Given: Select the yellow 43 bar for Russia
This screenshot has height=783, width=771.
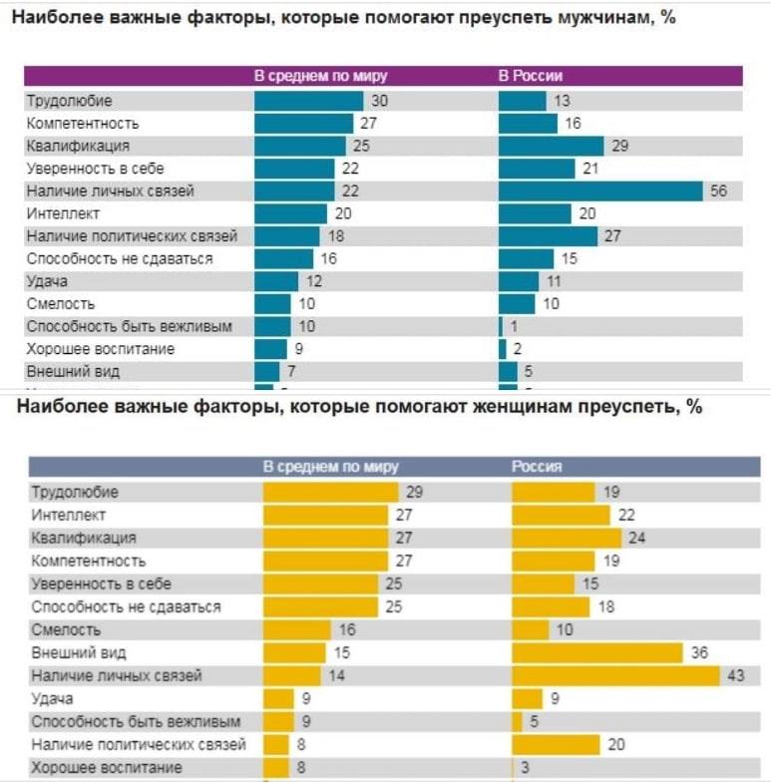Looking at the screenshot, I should [x=614, y=675].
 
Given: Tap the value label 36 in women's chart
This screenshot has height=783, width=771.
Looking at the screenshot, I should [x=699, y=652].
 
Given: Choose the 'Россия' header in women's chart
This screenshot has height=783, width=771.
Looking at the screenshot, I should [x=537, y=466].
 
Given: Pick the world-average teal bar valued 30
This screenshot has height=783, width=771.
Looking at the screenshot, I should [x=308, y=101].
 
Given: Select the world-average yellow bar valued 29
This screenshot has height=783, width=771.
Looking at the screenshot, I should [x=329, y=492].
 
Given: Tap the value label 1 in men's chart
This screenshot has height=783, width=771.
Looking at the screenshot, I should [x=514, y=326].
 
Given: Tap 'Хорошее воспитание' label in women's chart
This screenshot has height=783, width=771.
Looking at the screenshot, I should [x=106, y=767].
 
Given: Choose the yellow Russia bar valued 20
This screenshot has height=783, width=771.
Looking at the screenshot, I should [x=555, y=744].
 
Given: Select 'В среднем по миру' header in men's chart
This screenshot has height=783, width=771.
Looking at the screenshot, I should [x=320, y=76].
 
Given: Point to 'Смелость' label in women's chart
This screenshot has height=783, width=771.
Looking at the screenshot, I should [x=66, y=629].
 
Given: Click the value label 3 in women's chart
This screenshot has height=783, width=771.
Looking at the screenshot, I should [x=525, y=768].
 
